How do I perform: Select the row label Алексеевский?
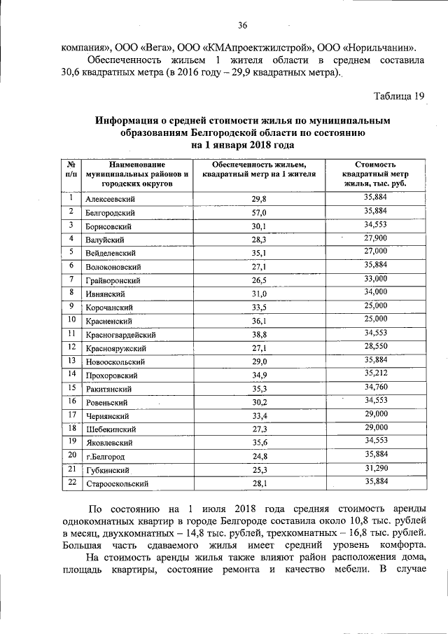pyautogui.click(x=110, y=199)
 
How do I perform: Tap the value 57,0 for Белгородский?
pyautogui.click(x=260, y=212)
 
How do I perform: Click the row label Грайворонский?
pyautogui.click(x=113, y=280)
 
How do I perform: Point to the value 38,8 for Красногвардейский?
pyautogui.click(x=260, y=335)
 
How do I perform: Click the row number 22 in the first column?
pyautogui.click(x=71, y=481)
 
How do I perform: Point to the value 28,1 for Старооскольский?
pyautogui.click(x=260, y=483)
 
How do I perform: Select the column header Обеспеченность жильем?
pyautogui.click(x=260, y=167)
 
